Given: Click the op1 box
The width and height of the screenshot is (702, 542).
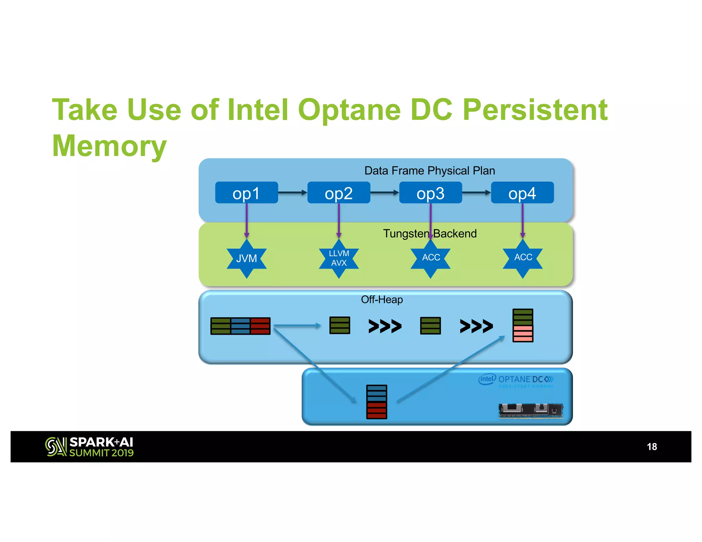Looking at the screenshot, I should click(x=246, y=193).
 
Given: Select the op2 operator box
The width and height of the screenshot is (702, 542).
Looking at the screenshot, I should click(x=338, y=193).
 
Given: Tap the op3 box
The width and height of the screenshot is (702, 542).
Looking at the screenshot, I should click(x=430, y=193).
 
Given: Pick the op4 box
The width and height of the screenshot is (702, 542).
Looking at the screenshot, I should click(x=522, y=193).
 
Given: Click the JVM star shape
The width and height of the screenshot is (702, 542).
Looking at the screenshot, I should click(x=246, y=259).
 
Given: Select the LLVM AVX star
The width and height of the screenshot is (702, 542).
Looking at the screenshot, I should click(x=339, y=259).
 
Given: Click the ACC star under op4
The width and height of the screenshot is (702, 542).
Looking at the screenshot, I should click(x=523, y=258).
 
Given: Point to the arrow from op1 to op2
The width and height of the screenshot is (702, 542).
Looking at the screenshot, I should click(x=292, y=193).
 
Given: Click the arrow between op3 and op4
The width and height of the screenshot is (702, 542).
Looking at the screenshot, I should click(x=476, y=193).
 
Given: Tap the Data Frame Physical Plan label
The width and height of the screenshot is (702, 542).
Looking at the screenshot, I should click(x=429, y=171).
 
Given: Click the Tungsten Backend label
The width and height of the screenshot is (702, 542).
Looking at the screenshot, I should click(x=430, y=234).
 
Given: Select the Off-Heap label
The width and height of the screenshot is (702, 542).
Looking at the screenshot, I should click(x=382, y=300).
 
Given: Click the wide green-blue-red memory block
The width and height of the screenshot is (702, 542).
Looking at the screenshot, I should click(x=240, y=326).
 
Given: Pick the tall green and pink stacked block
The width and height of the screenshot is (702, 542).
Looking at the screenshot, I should click(x=523, y=325).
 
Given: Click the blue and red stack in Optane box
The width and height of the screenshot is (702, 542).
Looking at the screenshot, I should click(x=377, y=402).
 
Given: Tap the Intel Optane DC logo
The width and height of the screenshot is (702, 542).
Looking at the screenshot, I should click(x=516, y=380).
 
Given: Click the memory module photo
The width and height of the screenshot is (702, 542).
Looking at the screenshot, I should click(x=531, y=410).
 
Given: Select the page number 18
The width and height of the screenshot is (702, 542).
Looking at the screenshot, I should click(x=652, y=447).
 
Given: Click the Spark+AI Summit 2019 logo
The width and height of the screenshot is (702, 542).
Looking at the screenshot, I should click(x=89, y=447).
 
